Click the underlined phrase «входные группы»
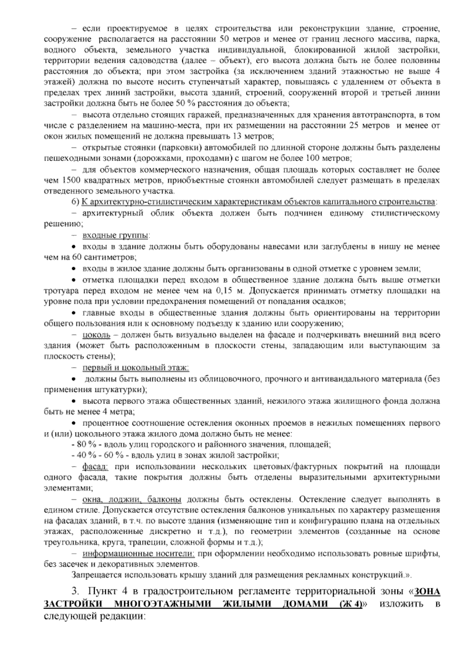pyautogui.click(x=116, y=235)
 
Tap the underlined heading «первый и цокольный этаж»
pyautogui.click(x=136, y=367)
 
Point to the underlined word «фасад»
pyautogui.click(x=95, y=467)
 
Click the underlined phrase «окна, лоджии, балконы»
pyautogui.click(x=132, y=500)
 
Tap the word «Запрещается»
pyautogui.click(x=92, y=575)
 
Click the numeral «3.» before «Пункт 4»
pyautogui.click(x=77, y=591)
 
